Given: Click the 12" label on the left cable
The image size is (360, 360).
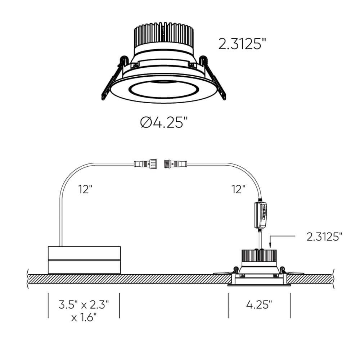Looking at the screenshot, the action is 85,189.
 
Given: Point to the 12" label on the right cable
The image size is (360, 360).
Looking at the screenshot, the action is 238,189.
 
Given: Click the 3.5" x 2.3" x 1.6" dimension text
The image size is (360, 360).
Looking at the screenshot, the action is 84,311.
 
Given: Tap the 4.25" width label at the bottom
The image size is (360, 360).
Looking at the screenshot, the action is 259,305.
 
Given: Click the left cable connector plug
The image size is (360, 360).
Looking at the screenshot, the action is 145,164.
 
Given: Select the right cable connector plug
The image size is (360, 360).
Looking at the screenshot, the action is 176,164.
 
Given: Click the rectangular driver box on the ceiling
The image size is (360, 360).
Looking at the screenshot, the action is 84,260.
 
